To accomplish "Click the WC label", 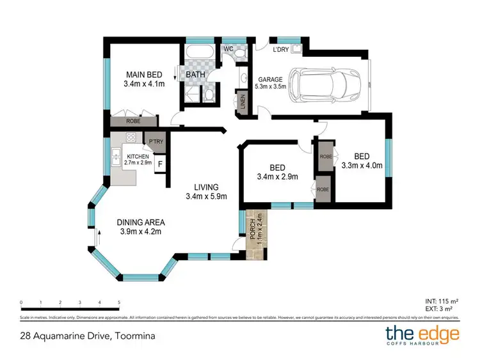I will point(228,49).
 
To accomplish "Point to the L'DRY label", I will point(281,49).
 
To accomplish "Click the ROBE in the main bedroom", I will point(132,120).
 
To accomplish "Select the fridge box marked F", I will point(160,163).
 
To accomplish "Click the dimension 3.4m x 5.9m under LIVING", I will point(207,196).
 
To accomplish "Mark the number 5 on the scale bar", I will point(119,302).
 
